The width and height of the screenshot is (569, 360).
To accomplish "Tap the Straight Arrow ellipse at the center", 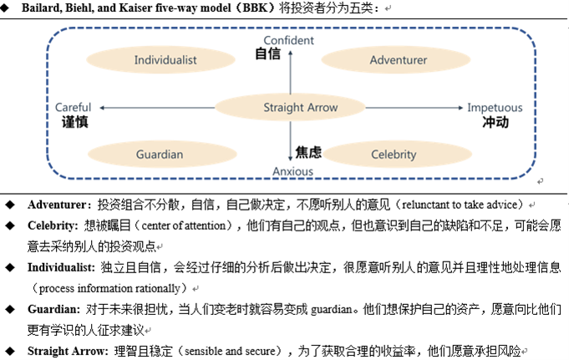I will point(290,108).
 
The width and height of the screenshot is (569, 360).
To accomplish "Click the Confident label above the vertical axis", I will point(288,40).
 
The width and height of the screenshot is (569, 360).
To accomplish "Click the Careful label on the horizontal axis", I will point(73,108).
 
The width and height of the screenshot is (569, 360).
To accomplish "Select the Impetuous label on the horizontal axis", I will point(494,108).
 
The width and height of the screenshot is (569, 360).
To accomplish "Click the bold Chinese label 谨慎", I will point(75,122).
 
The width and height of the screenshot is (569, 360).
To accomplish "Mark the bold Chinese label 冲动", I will point(495,122).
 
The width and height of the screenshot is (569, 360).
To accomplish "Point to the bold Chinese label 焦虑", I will point(308,152).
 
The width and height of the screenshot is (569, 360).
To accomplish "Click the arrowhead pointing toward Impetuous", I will point(460,108).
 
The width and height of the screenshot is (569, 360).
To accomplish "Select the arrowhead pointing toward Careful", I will point(101,108).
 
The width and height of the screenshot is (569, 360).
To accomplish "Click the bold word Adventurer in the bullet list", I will point(58,205).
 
